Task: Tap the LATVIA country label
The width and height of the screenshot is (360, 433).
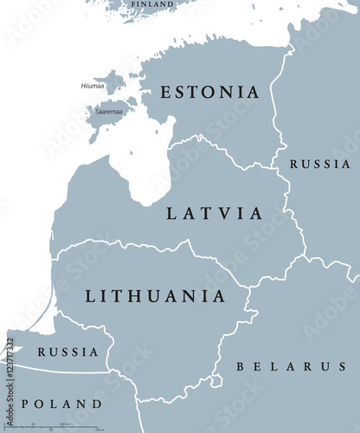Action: [215, 212]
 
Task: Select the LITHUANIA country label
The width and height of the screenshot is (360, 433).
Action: [156, 296]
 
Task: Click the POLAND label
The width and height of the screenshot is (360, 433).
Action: [61, 404]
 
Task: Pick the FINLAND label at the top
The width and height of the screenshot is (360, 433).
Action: [151, 4]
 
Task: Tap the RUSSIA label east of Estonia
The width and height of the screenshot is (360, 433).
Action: [319, 164]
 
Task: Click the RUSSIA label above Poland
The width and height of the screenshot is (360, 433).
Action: [67, 352]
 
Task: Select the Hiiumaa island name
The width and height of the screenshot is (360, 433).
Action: [93, 86]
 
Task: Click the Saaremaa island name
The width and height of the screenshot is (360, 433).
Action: [109, 111]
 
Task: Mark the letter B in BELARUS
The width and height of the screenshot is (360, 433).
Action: [241, 367]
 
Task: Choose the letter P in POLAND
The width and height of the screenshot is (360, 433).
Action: [26, 404]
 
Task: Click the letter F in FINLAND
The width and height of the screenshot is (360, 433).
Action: [132, 4]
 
